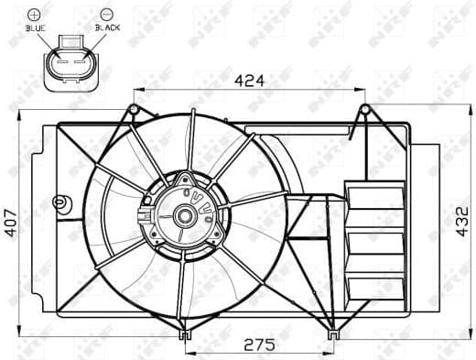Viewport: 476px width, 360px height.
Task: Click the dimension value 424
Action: click(248, 80)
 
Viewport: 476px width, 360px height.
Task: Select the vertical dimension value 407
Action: click(12, 221)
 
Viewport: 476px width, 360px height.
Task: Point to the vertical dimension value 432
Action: click(464, 221)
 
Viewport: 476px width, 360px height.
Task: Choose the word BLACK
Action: click(107, 28)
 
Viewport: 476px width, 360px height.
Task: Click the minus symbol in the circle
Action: click(107, 14)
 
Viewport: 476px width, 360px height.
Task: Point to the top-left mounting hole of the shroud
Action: click(134, 111)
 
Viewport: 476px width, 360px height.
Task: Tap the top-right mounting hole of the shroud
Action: click(364, 111)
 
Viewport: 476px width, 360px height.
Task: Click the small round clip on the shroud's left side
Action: click(61, 201)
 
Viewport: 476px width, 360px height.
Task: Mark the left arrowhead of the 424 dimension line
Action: click(137, 90)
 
